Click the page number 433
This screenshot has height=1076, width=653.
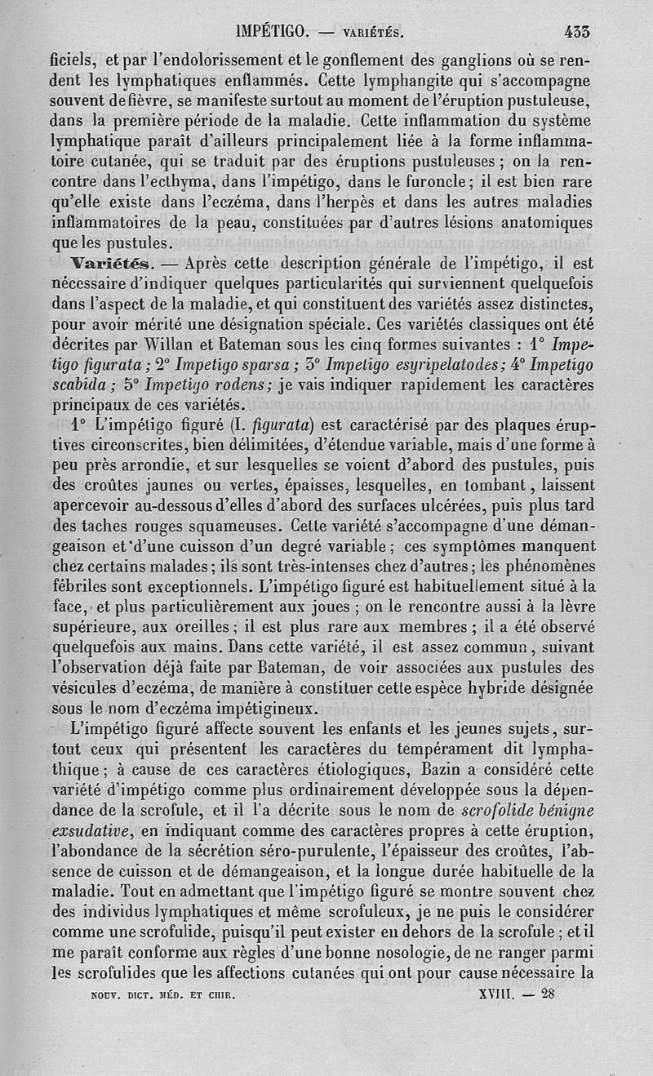576,33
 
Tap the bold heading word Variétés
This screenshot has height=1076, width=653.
110,264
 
